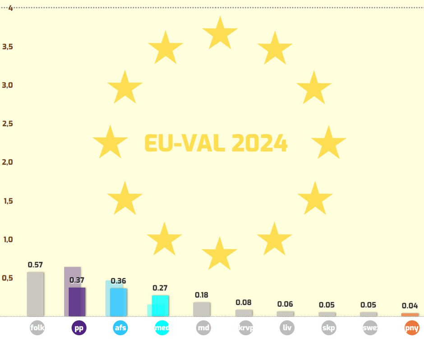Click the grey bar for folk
coord(35,294)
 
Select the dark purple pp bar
coord(77,302)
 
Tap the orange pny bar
coord(410,314)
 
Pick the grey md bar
coord(202,309)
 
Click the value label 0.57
coord(35,265)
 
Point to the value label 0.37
coord(77,280)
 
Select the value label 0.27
coord(160,288)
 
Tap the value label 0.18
coord(202,295)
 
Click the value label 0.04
coord(410,306)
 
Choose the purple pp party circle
coord(79,328)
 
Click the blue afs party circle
coord(120,328)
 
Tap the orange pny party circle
coord(412,328)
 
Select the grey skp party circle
coord(328,328)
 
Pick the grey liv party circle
coord(287,328)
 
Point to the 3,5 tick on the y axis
coord(7,46)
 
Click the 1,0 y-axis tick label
coord(8,240)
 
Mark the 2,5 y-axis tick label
coord(7,124)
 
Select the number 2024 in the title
coord(259,143)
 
